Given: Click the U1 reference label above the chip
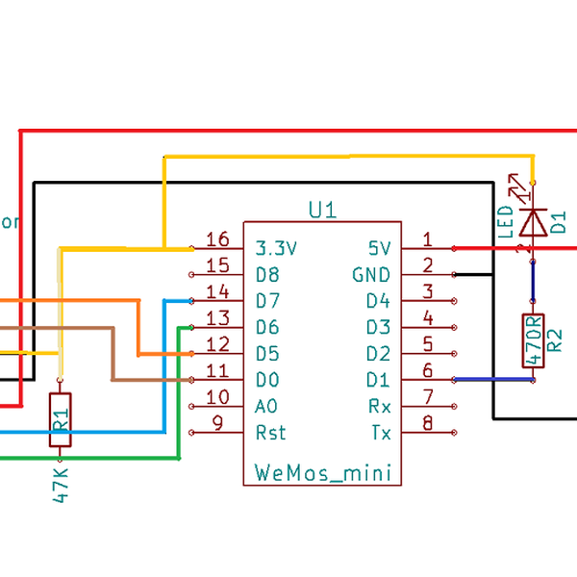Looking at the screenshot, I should pos(322,209).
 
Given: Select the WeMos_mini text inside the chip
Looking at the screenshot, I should pos(322,472).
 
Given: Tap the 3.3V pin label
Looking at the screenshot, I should pos(277,248).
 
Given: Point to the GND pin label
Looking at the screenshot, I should pos(371,274).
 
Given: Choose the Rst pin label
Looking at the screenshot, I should pos(271,433).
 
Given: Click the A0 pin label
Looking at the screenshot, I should pos(267,406).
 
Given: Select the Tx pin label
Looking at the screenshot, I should pos(381,433).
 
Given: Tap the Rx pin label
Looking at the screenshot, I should pos(380,406).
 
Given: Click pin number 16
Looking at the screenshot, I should pos(218,239).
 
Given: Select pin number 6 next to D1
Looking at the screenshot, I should pos(428,370).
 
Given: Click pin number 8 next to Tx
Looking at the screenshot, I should pos(428,421).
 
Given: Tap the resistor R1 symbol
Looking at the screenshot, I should pos(61,419).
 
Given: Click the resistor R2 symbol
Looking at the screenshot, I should pos(534,340).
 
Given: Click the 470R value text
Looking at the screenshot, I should pos(534,341).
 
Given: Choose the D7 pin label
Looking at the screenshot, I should pos(268,301).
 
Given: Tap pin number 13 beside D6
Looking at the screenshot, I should pos(218,318).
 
